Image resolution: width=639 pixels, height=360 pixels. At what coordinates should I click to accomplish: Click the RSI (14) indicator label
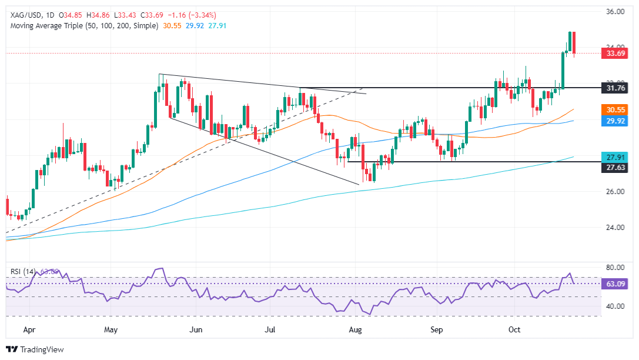pyautogui.click(x=22, y=272)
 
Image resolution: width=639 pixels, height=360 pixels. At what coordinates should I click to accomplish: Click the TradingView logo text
pyautogui.click(x=41, y=349)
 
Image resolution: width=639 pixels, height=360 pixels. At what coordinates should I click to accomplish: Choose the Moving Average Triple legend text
pyautogui.click(x=82, y=26)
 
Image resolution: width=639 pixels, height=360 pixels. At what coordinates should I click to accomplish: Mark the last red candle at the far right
pyautogui.click(x=574, y=42)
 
